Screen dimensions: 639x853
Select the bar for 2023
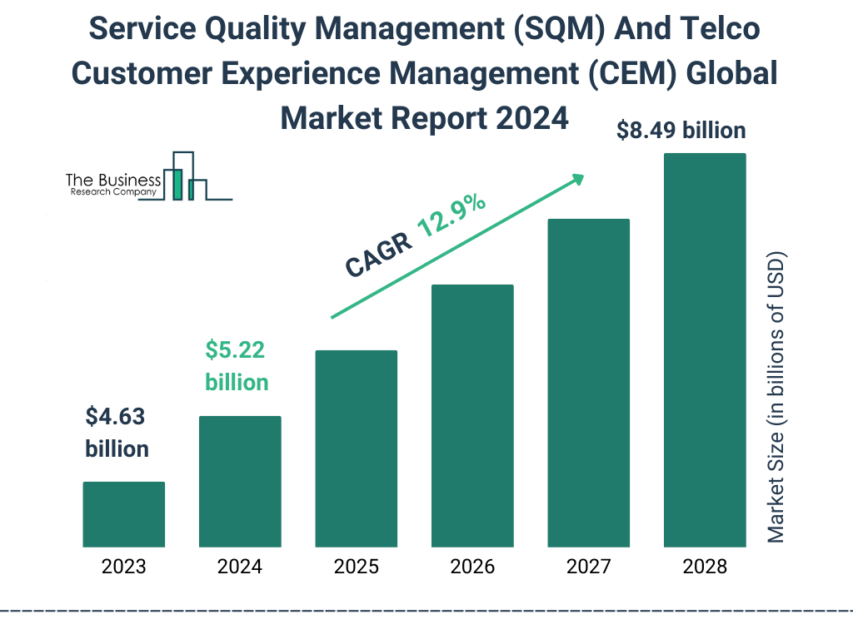pyautogui.click(x=123, y=514)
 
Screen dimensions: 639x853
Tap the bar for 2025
pyautogui.click(x=356, y=448)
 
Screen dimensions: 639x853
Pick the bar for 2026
pyautogui.click(x=472, y=416)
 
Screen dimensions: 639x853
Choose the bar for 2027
pyautogui.click(x=588, y=383)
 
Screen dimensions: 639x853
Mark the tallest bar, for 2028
pyautogui.click(x=705, y=350)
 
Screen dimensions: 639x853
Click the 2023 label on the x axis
pyautogui.click(x=123, y=567)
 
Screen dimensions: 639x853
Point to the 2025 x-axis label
pyautogui.click(x=356, y=567)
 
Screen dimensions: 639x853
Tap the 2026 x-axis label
pyautogui.click(x=472, y=567)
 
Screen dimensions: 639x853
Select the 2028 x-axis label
pyautogui.click(x=705, y=567)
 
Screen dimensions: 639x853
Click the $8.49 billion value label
pyautogui.click(x=681, y=131)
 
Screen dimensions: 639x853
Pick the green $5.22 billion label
pyautogui.click(x=237, y=366)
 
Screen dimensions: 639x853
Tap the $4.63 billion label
pyautogui.click(x=117, y=433)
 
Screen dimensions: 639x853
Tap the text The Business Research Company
pyautogui.click(x=112, y=186)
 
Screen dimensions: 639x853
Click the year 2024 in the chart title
pyautogui.click(x=530, y=118)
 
